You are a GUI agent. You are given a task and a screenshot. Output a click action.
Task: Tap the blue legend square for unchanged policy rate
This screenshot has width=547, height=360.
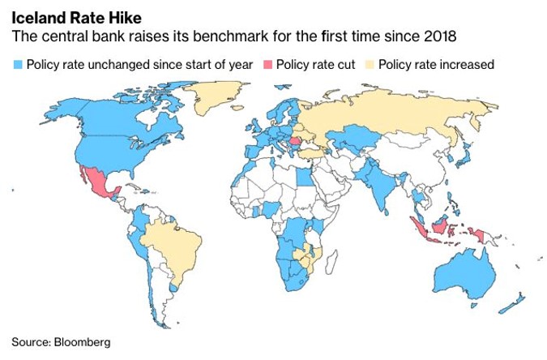[17, 64]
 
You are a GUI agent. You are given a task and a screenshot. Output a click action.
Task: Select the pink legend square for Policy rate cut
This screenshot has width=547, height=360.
[267, 64]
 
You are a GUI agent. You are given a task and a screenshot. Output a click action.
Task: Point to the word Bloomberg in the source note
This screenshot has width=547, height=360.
[81, 341]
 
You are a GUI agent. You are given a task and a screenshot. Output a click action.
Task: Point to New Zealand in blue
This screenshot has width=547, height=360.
[512, 304]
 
